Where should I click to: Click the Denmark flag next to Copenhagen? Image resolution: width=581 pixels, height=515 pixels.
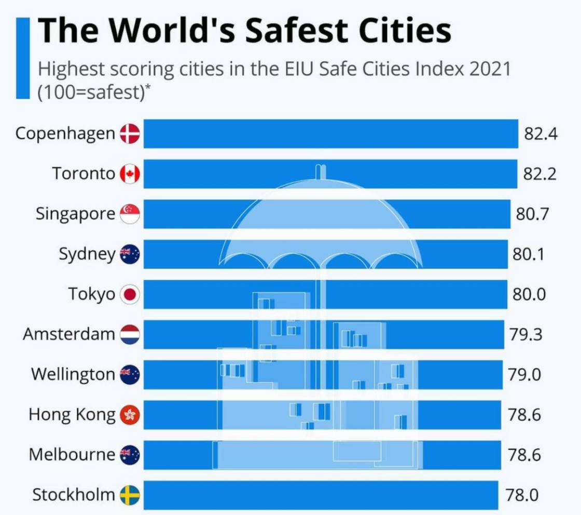[130, 134]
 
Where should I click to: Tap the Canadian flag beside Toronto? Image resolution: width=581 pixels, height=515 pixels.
[130, 174]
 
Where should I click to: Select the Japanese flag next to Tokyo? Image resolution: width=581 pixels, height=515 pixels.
[130, 295]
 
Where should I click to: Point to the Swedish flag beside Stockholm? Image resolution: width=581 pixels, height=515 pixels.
[130, 495]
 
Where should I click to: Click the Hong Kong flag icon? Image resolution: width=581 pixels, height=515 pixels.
[130, 415]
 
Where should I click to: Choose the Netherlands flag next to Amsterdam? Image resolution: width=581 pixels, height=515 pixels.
[130, 334]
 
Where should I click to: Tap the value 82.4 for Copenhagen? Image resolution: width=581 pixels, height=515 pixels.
[540, 134]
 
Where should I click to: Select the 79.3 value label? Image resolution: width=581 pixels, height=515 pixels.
[525, 334]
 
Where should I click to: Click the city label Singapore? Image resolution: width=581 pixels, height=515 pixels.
[75, 214]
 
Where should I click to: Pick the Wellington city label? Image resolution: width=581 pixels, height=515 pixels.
[73, 374]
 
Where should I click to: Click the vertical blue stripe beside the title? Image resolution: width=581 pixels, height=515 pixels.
[23, 57]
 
